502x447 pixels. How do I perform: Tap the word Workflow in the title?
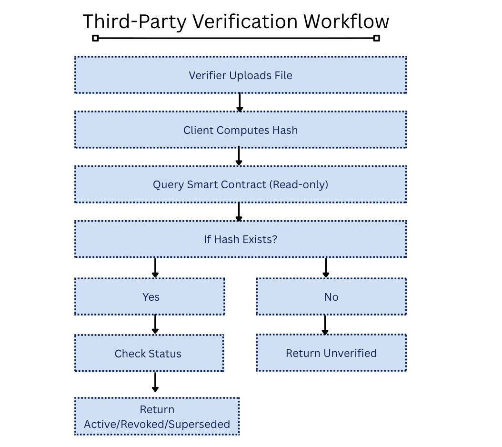[346, 21]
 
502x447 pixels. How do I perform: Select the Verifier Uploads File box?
[241, 75]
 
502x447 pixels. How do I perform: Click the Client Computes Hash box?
[241, 130]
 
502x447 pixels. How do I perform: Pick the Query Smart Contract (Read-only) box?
[241, 184]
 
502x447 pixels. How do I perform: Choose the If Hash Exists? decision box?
[241, 239]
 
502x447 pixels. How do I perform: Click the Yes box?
[150, 297]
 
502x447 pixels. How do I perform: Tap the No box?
[331, 297]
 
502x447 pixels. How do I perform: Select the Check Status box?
[149, 354]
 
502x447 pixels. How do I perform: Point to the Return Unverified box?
[331, 353]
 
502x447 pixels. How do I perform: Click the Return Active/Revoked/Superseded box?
[157, 417]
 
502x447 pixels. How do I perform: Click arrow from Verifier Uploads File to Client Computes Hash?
[240, 102]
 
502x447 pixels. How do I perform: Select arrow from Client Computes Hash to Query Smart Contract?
[239, 156]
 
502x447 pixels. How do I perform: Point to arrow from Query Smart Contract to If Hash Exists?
[239, 212]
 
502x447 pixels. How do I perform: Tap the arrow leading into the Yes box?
[155, 268]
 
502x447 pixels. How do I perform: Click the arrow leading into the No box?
[326, 268]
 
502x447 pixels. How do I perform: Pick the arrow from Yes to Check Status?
[155, 325]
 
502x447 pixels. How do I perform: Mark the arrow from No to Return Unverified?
[325, 325]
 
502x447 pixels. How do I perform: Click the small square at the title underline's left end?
[95, 38]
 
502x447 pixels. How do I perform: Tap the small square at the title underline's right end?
[377, 38]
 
